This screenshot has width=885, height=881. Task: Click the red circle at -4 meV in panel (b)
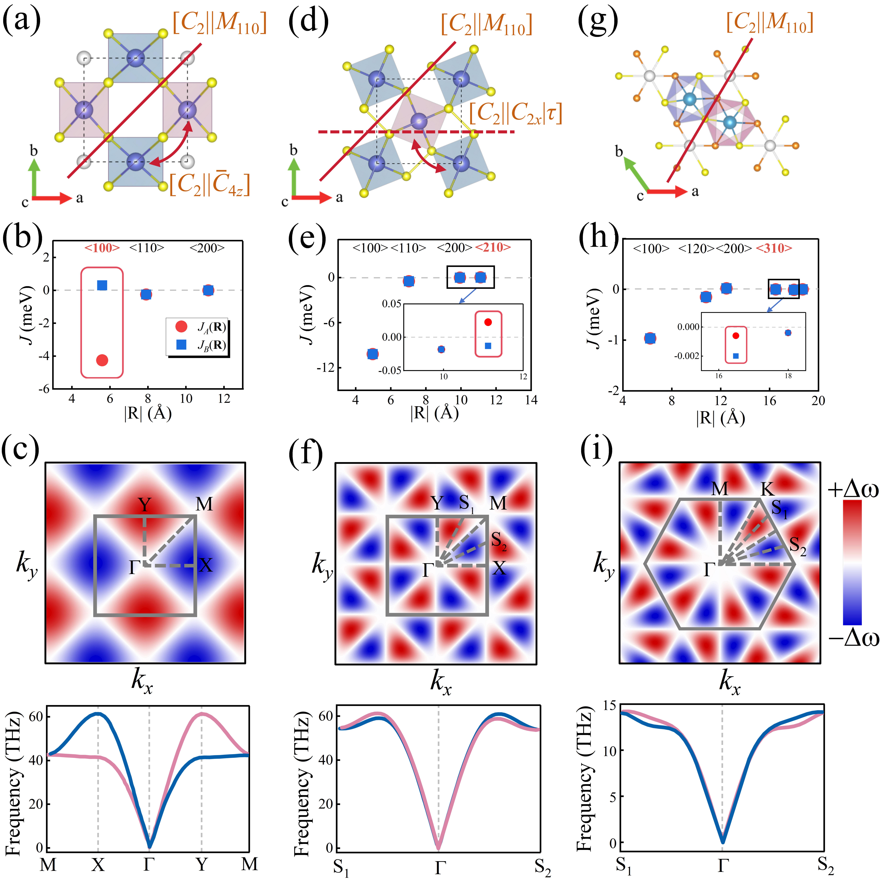[x=102, y=360]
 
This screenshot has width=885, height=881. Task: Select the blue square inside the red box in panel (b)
[x=102, y=285]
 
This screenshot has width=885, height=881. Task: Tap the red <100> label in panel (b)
[x=102, y=248]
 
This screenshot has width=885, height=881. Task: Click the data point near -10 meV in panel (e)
[x=372, y=354]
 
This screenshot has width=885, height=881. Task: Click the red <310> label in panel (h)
[x=774, y=248]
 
